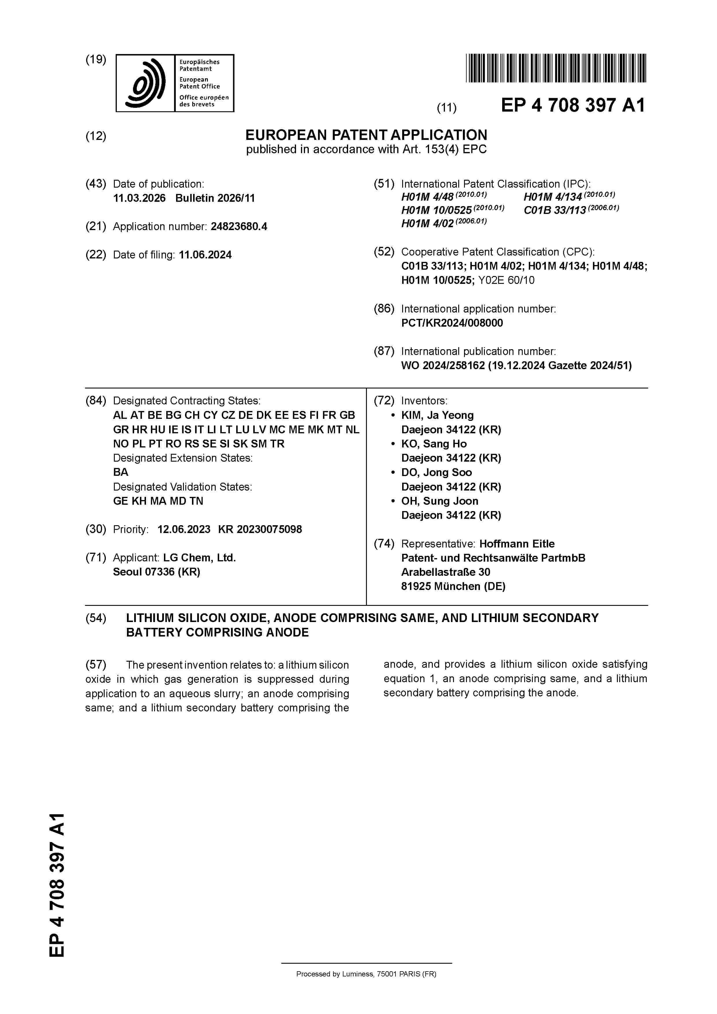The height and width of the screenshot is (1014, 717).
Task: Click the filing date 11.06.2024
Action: pyautogui.click(x=205, y=255)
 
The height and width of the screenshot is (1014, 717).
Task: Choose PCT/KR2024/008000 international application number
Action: pyautogui.click(x=452, y=323)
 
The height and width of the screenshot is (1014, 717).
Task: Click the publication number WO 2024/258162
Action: pyautogui.click(x=443, y=366)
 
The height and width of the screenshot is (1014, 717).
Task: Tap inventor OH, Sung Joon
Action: pyautogui.click(x=439, y=501)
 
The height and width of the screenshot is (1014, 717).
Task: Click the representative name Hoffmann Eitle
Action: pyautogui.click(x=517, y=544)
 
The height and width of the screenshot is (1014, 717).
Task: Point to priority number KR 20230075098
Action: pyautogui.click(x=260, y=530)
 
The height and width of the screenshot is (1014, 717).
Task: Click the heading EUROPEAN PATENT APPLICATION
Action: pyautogui.click(x=366, y=135)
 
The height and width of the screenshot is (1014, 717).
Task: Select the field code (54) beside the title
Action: pyautogui.click(x=96, y=618)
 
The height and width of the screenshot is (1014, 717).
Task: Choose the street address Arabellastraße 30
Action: pyautogui.click(x=445, y=572)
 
